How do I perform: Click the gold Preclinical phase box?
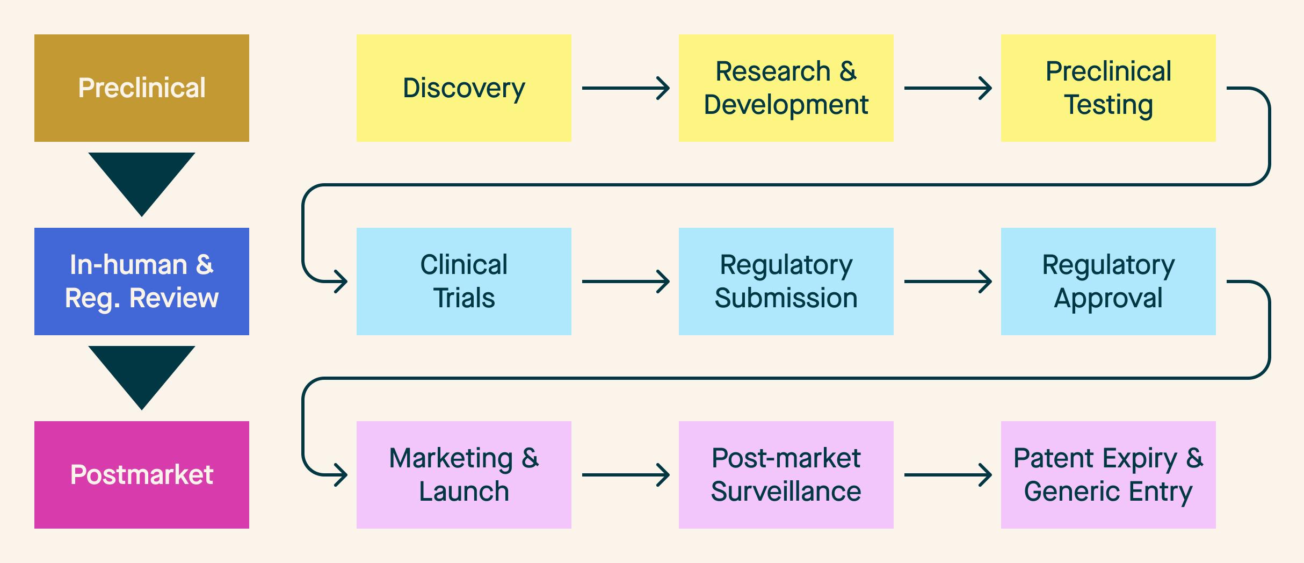point(142,88)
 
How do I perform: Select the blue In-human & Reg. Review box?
point(142,281)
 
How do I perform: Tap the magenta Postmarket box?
point(142,475)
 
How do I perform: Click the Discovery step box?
point(464,88)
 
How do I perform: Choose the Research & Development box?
point(786,88)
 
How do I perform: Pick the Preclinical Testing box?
point(1109,88)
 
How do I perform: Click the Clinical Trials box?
point(464,281)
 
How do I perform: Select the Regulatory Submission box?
point(786,281)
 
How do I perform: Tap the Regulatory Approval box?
point(1109,281)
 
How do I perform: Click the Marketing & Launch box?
point(464,475)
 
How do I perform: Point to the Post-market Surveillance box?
point(786,475)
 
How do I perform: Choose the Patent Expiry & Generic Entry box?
point(1109,475)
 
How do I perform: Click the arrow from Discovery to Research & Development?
point(625,88)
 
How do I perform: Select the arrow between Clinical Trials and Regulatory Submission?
point(625,281)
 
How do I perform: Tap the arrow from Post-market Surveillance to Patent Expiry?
point(947,475)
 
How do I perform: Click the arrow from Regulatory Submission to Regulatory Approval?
point(947,281)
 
